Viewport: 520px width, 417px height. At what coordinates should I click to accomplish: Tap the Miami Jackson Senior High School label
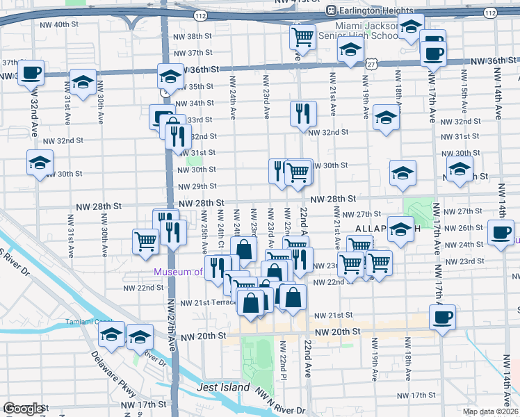(355, 31)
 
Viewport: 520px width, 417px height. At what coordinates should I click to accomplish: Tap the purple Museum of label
(178, 272)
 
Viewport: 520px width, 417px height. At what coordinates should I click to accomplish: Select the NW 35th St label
(196, 87)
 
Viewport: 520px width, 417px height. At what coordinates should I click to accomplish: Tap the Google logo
(23, 408)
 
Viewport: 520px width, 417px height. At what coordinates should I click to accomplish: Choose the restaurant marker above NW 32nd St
(303, 113)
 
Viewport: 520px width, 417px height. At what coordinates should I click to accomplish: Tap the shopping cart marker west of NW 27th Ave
(145, 241)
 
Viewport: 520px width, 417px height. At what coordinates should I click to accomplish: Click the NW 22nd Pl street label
(284, 356)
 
